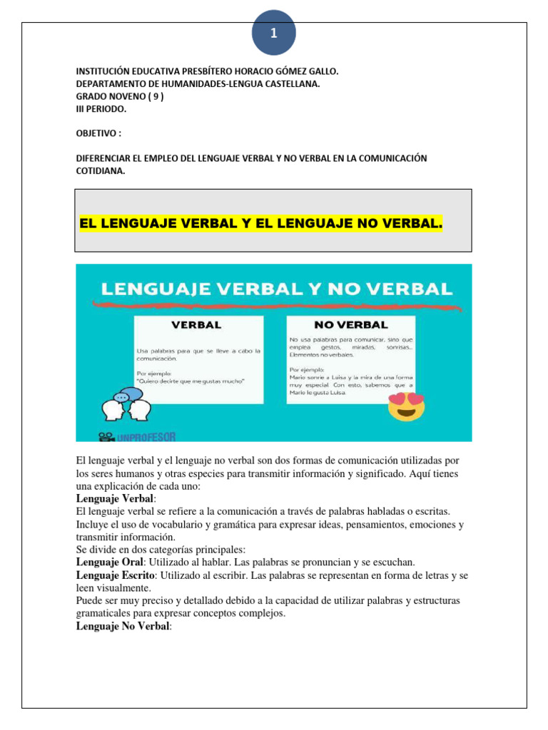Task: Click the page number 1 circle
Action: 273,34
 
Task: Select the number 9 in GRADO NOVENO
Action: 156,97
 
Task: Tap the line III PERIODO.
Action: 101,110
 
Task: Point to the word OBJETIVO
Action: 96,133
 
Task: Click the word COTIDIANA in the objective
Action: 100,170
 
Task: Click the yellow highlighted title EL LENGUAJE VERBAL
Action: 261,225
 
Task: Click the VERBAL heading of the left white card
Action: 196,324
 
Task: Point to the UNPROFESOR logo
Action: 137,436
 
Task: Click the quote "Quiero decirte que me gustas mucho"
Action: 191,381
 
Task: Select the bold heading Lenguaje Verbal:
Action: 115,498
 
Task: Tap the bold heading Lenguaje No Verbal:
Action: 123,627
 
